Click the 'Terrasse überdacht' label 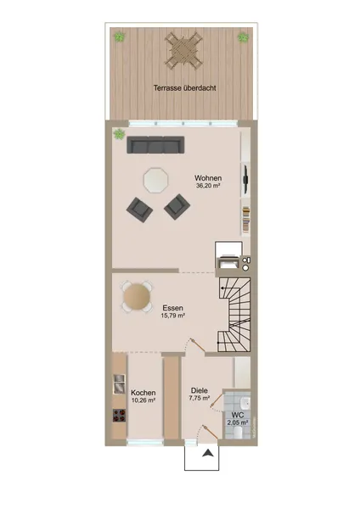coord(184,88)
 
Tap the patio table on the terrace coord(183,49)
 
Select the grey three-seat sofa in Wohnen coord(155,145)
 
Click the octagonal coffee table coord(156,180)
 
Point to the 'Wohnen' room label coord(208,178)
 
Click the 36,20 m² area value coord(208,186)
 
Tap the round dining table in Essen coord(137,297)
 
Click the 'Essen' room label coord(173,308)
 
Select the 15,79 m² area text coord(173,316)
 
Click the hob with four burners coord(119,416)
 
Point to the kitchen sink coord(119,384)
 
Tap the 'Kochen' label coord(143,393)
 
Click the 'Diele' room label coord(200,390)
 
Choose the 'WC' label coord(238,415)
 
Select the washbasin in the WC coord(245,403)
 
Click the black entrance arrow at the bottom coord(207,453)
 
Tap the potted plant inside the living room coord(119,134)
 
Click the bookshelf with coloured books coord(246,220)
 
